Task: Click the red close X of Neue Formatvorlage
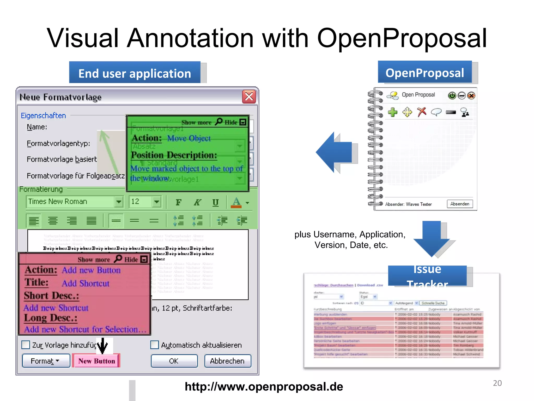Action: (x=249, y=97)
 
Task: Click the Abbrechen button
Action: (x=227, y=361)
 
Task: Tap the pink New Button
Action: (x=96, y=361)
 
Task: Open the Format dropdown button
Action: (x=46, y=361)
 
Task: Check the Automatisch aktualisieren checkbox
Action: (x=155, y=345)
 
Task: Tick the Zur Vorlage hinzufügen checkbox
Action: (x=26, y=345)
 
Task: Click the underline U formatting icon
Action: (x=215, y=202)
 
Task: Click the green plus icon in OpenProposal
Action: (x=392, y=112)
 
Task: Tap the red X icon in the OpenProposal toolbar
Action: (x=421, y=112)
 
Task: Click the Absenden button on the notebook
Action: (x=459, y=204)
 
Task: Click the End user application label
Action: (x=135, y=73)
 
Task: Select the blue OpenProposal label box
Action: (x=425, y=72)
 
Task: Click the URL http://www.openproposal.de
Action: (x=264, y=386)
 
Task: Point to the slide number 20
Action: (x=497, y=383)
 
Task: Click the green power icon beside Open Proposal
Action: (x=452, y=96)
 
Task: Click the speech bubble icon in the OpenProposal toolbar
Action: (x=436, y=112)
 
